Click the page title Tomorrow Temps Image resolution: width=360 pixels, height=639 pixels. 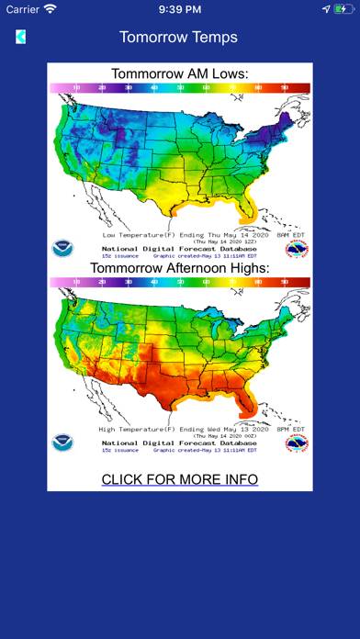pos(179,37)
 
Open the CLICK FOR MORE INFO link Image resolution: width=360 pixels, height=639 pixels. pos(179,479)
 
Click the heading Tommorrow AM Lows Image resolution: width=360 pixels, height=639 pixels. pos(179,73)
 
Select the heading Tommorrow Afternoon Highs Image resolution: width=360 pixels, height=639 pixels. pos(179,267)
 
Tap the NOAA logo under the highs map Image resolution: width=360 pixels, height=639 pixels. pos(62,443)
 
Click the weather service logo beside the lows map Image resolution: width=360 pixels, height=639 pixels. pos(297,248)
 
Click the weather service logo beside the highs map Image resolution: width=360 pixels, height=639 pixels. pos(297,443)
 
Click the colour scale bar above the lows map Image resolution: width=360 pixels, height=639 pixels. pos(179,87)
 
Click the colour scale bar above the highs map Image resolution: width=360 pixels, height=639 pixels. pos(179,282)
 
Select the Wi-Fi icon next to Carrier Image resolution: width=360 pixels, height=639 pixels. pos(50,8)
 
